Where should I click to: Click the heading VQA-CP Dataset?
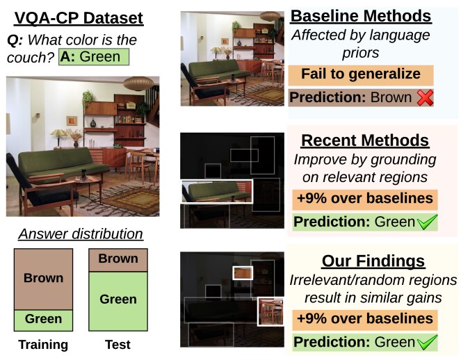(79, 18)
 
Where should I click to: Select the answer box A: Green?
(94, 57)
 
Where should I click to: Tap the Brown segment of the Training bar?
(43, 279)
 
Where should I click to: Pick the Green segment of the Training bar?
(43, 320)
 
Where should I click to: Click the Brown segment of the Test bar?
(118, 260)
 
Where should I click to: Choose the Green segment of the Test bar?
(118, 301)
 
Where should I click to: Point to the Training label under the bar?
(43, 345)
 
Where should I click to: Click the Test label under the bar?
(118, 345)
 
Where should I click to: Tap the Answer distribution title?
(81, 234)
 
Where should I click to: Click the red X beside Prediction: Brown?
(425, 97)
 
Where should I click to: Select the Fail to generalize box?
(361, 74)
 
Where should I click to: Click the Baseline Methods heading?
(361, 16)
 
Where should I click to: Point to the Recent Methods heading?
(365, 140)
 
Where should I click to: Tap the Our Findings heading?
(373, 261)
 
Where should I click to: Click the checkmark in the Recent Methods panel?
(427, 222)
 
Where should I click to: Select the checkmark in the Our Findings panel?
(427, 343)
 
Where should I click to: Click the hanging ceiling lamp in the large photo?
(138, 83)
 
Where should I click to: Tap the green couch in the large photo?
(63, 163)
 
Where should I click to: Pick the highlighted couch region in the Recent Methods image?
(217, 191)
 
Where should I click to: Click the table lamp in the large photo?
(59, 138)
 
